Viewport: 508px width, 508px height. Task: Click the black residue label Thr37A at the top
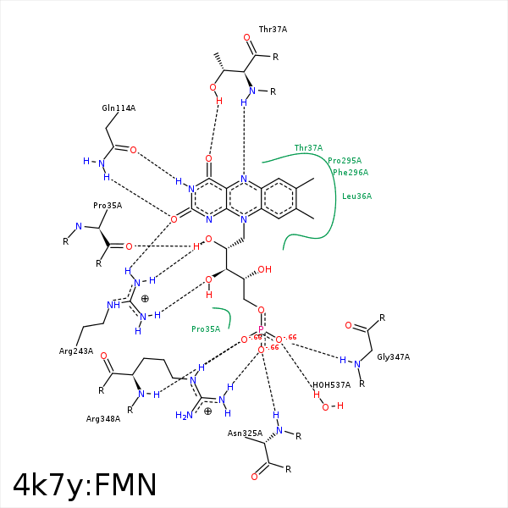pos(273,29)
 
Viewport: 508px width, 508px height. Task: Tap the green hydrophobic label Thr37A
pos(308,148)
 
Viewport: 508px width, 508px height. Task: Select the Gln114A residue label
pos(119,108)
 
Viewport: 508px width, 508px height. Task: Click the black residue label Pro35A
pos(108,206)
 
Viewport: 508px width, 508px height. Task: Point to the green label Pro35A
pos(206,329)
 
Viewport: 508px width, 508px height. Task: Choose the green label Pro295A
pos(345,161)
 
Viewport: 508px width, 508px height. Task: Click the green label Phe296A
pos(351,173)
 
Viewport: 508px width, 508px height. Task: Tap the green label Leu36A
pos(356,196)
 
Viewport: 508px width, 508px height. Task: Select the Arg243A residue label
pos(76,351)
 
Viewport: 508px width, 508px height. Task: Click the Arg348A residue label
pos(103,418)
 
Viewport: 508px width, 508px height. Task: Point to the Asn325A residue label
pos(245,433)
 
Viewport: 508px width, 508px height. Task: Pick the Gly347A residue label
pos(393,357)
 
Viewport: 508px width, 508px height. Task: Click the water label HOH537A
pos(331,384)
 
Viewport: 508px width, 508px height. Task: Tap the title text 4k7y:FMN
pos(85,484)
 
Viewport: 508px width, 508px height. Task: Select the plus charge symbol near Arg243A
pos(145,298)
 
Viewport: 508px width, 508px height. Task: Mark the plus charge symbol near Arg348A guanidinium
pos(208,411)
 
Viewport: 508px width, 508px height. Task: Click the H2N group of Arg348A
pos(183,415)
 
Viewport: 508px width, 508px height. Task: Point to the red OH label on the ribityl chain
pos(264,270)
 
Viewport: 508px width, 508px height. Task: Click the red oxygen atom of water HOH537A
pos(326,406)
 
